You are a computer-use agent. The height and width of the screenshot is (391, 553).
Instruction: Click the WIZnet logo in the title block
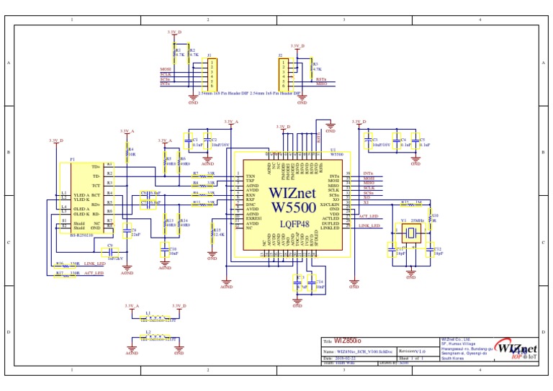pos(516,349)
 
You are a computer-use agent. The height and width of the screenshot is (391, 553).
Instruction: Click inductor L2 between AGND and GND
pos(156,337)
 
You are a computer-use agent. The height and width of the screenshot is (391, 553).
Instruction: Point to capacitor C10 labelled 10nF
pos(165,252)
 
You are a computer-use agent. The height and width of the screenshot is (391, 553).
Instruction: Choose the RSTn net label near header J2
pos(321,79)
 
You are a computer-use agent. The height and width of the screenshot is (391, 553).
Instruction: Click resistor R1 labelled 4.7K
pos(174,53)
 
